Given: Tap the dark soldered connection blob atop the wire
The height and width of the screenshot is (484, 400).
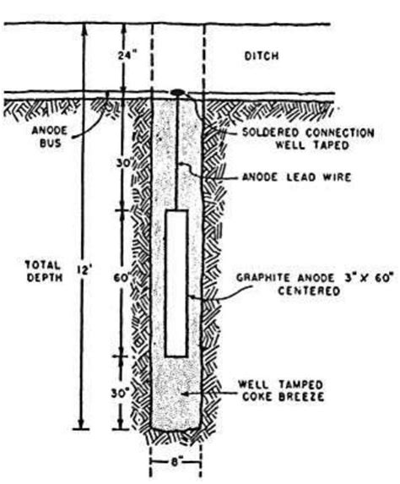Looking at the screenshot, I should (x=179, y=91).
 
